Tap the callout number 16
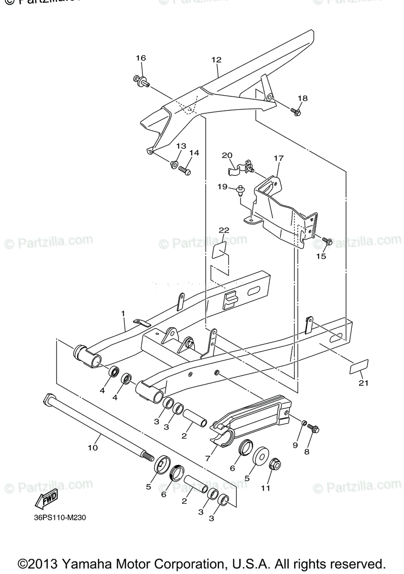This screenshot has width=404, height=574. tap(140, 58)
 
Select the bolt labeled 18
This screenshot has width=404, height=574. tap(296, 112)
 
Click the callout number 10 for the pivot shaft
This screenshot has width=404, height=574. tap(92, 448)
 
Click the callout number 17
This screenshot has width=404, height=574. tap(279, 158)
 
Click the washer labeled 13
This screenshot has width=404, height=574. tap(173, 165)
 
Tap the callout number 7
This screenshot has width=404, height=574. tap(208, 458)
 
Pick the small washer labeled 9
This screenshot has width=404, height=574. tap(303, 423)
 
